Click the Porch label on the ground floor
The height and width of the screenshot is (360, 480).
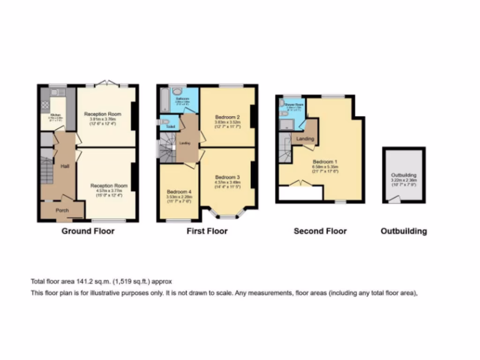(62, 210)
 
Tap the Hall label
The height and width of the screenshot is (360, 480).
(65, 165)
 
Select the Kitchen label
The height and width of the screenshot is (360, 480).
(56, 114)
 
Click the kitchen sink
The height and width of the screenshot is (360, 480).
(54, 93)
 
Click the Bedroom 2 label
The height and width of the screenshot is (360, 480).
(228, 117)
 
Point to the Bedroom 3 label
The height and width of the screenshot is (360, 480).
(227, 177)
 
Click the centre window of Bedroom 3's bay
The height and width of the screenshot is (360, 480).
(227, 217)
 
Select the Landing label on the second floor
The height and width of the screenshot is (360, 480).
(305, 139)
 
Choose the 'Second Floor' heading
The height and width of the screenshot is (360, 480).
(320, 231)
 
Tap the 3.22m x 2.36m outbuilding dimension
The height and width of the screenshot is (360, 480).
(404, 180)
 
